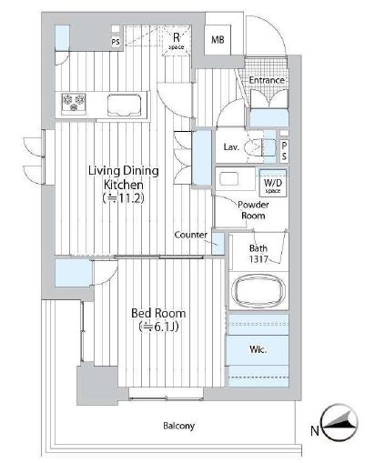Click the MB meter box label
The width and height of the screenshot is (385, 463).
pyautogui.click(x=218, y=39)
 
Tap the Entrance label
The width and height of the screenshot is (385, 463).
pyautogui.click(x=267, y=80)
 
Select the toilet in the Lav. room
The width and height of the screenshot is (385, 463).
pyautogui.click(x=254, y=147)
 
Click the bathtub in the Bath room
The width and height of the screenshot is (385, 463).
pyautogui.click(x=258, y=289)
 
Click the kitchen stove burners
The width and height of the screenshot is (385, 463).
pyautogui.click(x=74, y=102)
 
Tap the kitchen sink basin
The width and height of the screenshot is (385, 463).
pyautogui.click(x=125, y=105)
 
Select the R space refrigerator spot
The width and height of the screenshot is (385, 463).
pyautogui.click(x=177, y=41)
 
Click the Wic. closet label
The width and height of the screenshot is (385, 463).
pyautogui.click(x=258, y=349)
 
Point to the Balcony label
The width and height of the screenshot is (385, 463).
pyautogui.click(x=178, y=426)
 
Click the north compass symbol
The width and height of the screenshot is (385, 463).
pyautogui.click(x=340, y=422)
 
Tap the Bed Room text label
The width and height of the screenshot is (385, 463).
pyautogui.click(x=158, y=313)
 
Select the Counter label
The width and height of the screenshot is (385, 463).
pyautogui.click(x=191, y=235)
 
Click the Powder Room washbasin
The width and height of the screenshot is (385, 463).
pyautogui.click(x=229, y=178)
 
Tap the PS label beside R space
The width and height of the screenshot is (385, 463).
pyautogui.click(x=116, y=42)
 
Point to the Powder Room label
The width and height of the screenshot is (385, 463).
pyautogui.click(x=253, y=210)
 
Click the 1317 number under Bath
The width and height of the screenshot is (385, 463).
pyautogui.click(x=258, y=258)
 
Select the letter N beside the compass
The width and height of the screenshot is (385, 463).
pyautogui.click(x=315, y=430)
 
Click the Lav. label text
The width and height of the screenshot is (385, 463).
pyautogui.click(x=231, y=147)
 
